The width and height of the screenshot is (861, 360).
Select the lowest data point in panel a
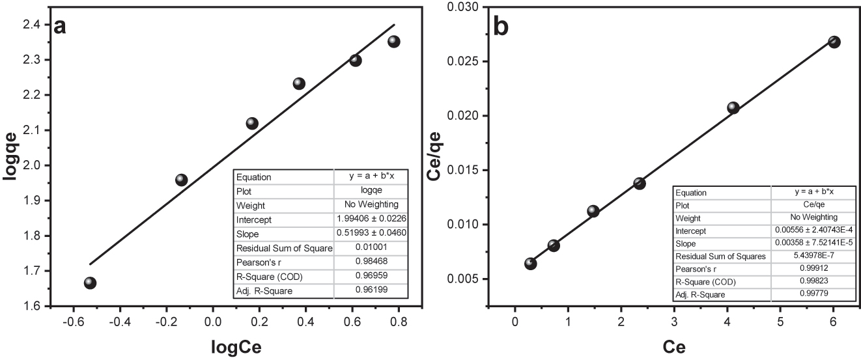pyautogui.click(x=90, y=283)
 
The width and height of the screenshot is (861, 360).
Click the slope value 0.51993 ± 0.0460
pyautogui.click(x=371, y=234)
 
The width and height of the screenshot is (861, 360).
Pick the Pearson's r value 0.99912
pyautogui.click(x=810, y=268)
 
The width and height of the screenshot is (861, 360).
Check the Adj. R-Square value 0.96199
pyautogui.click(x=371, y=291)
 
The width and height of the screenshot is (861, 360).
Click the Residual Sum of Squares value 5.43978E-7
pyautogui.click(x=810, y=256)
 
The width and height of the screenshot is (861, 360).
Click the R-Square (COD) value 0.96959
pyautogui.click(x=371, y=277)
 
